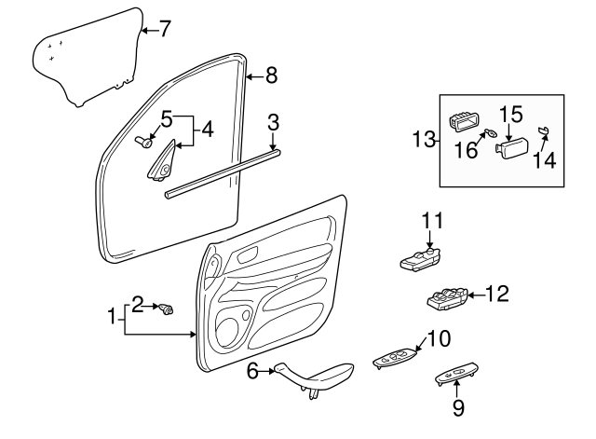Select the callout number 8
(271, 75)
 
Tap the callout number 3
(273, 121)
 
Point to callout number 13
(425, 140)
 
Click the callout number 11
(430, 221)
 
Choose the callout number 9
(457, 407)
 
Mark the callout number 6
(252, 372)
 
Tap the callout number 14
(544, 159)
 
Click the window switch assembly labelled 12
(445, 299)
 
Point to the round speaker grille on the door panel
(227, 329)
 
